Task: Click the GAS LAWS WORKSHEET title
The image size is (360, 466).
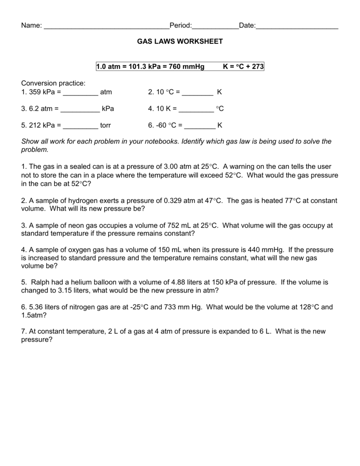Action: [180, 41]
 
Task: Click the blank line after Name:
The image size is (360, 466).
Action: [106, 26]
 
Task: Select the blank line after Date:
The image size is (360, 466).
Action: [297, 26]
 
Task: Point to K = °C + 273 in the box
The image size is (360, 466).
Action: [243, 67]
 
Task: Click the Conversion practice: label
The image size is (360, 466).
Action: [53, 83]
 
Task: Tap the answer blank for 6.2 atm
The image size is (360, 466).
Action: [80, 110]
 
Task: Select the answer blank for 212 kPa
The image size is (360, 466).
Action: [81, 126]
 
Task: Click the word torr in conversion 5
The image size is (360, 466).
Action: [106, 125]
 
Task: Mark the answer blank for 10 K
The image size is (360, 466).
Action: [196, 110]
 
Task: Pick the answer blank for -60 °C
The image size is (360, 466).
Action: [200, 126]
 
